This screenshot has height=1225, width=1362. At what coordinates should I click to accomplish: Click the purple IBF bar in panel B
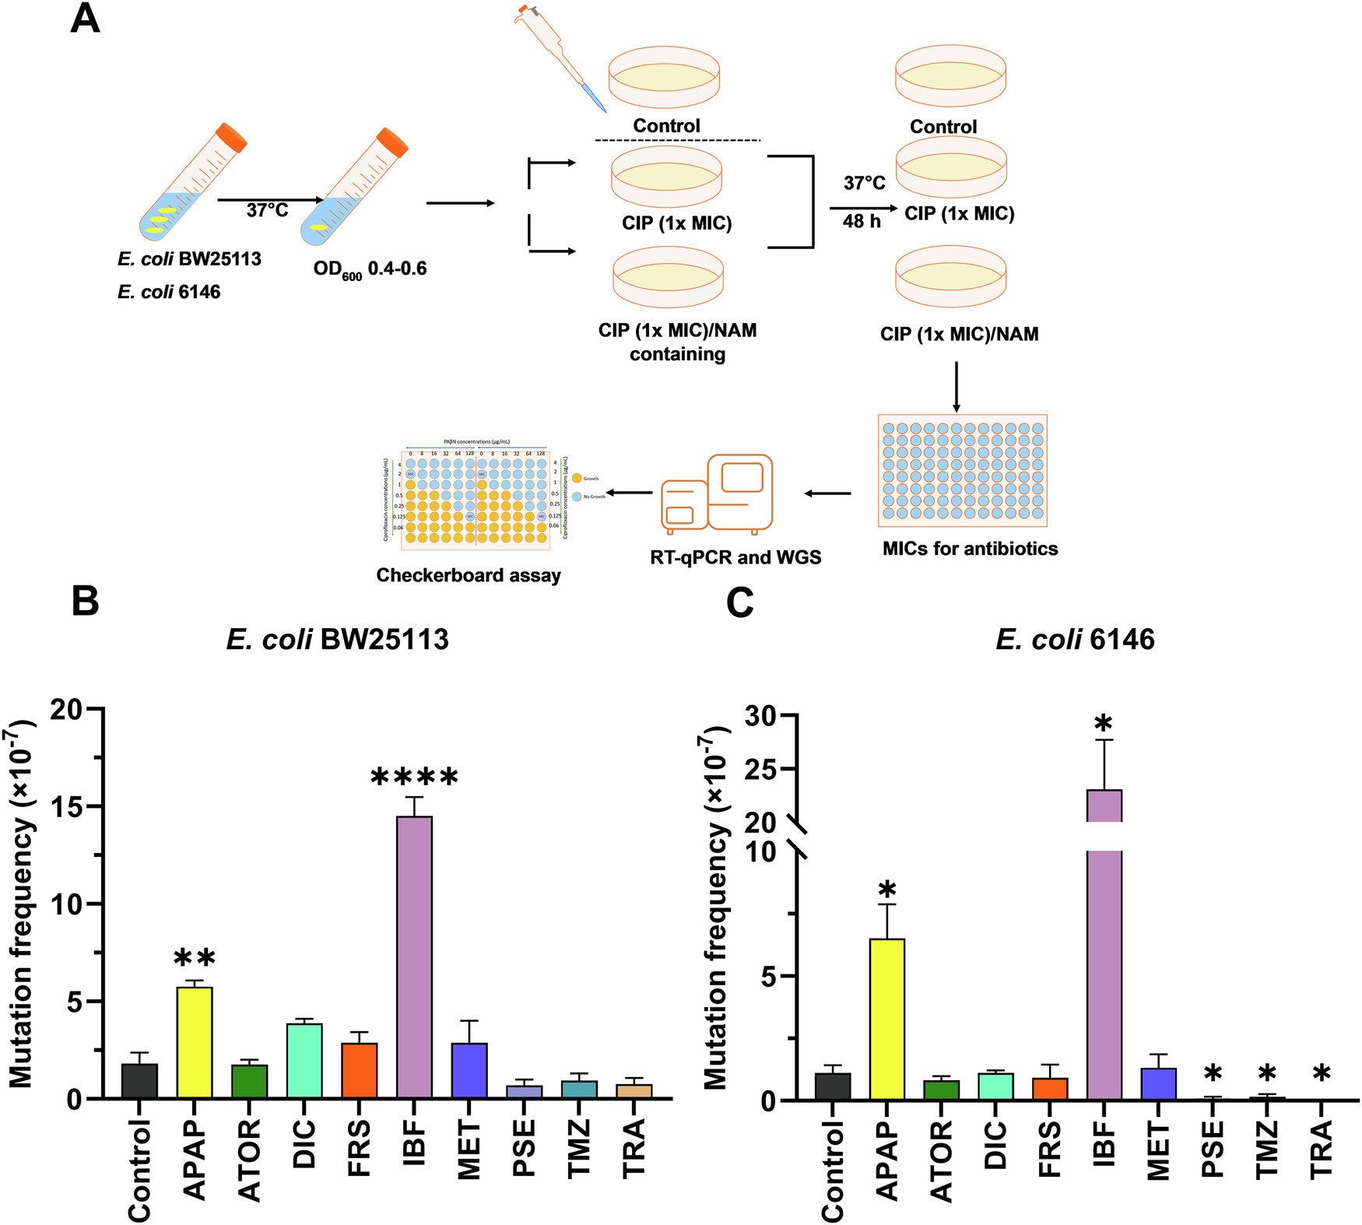pyautogui.click(x=414, y=957)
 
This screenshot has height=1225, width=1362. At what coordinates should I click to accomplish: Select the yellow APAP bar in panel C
pyautogui.click(x=886, y=1020)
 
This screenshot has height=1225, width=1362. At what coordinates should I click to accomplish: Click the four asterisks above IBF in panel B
pyautogui.click(x=414, y=777)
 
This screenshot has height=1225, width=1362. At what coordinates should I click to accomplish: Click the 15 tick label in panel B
pyautogui.click(x=69, y=806)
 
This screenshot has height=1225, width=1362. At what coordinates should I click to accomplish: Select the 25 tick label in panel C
pyautogui.click(x=760, y=769)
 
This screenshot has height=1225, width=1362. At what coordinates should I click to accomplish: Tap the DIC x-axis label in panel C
pyautogui.click(x=995, y=1145)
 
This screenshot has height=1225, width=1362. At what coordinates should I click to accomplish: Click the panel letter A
pyautogui.click(x=85, y=19)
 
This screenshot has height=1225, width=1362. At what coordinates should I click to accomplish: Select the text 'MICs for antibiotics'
pyautogui.click(x=970, y=549)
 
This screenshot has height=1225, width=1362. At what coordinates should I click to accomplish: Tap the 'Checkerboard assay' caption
pyautogui.click(x=469, y=575)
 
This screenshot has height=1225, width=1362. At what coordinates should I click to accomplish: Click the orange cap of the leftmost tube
pyautogui.click(x=231, y=136)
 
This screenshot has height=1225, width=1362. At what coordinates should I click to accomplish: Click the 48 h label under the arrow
pyautogui.click(x=862, y=222)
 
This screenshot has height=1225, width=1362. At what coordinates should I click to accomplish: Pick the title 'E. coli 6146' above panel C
pyautogui.click(x=1075, y=640)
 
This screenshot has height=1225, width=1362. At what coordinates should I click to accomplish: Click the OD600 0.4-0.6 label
pyautogui.click(x=370, y=269)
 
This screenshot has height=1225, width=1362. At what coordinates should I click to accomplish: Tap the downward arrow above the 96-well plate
pyautogui.click(x=957, y=386)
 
